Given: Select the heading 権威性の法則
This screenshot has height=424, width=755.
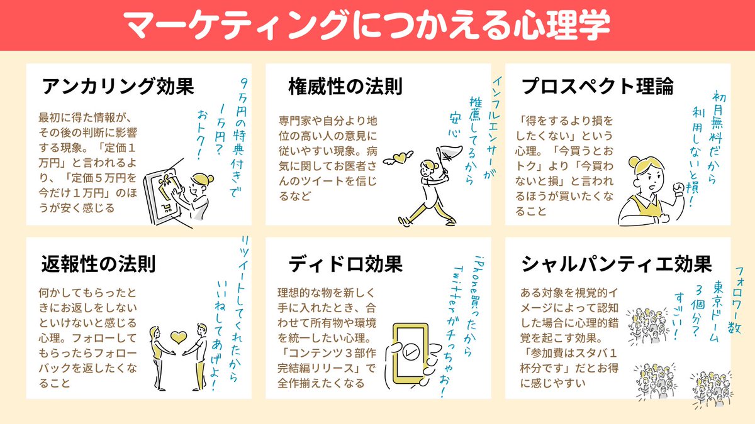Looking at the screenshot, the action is pyautogui.click(x=345, y=86).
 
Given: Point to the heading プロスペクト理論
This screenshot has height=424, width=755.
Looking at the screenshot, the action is pyautogui.click(x=597, y=86).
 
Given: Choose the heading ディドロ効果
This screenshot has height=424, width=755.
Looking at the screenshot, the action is pyautogui.click(x=345, y=263).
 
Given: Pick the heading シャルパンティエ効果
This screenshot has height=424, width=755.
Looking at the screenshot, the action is pyautogui.click(x=617, y=263).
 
